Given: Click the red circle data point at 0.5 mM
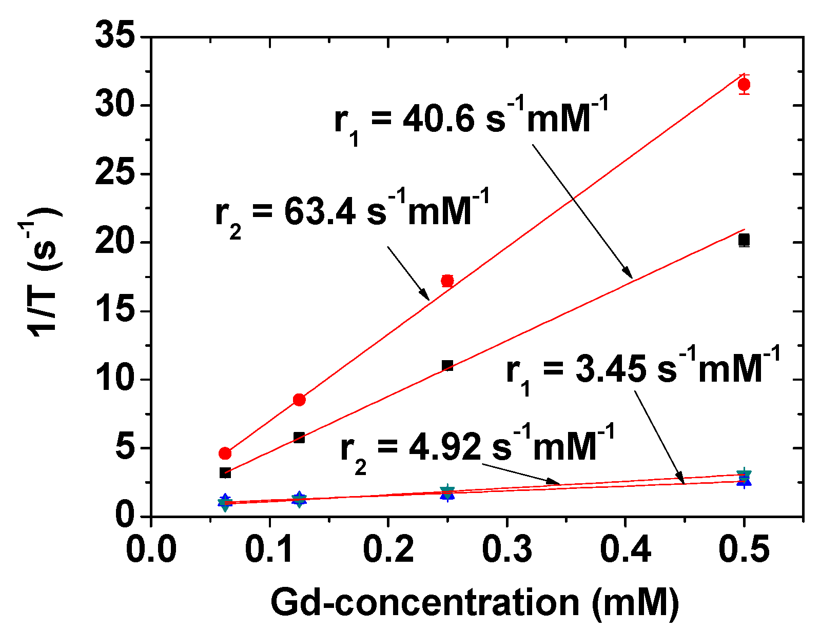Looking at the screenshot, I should [x=744, y=85].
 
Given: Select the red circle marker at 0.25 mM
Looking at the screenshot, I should [x=447, y=281].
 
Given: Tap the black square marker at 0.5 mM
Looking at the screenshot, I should [x=744, y=240].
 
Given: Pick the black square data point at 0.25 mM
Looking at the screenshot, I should [x=447, y=366].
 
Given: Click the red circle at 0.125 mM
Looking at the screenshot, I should [x=299, y=400].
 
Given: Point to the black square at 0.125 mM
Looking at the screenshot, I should [x=299, y=438].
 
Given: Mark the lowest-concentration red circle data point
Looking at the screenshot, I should [x=225, y=453].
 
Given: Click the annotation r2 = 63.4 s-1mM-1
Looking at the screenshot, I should [x=352, y=211].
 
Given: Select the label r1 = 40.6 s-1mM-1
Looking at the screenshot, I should [x=471, y=119].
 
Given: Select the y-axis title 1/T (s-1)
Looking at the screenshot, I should [x=45, y=272].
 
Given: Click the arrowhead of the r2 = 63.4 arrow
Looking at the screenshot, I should [x=426, y=296].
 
